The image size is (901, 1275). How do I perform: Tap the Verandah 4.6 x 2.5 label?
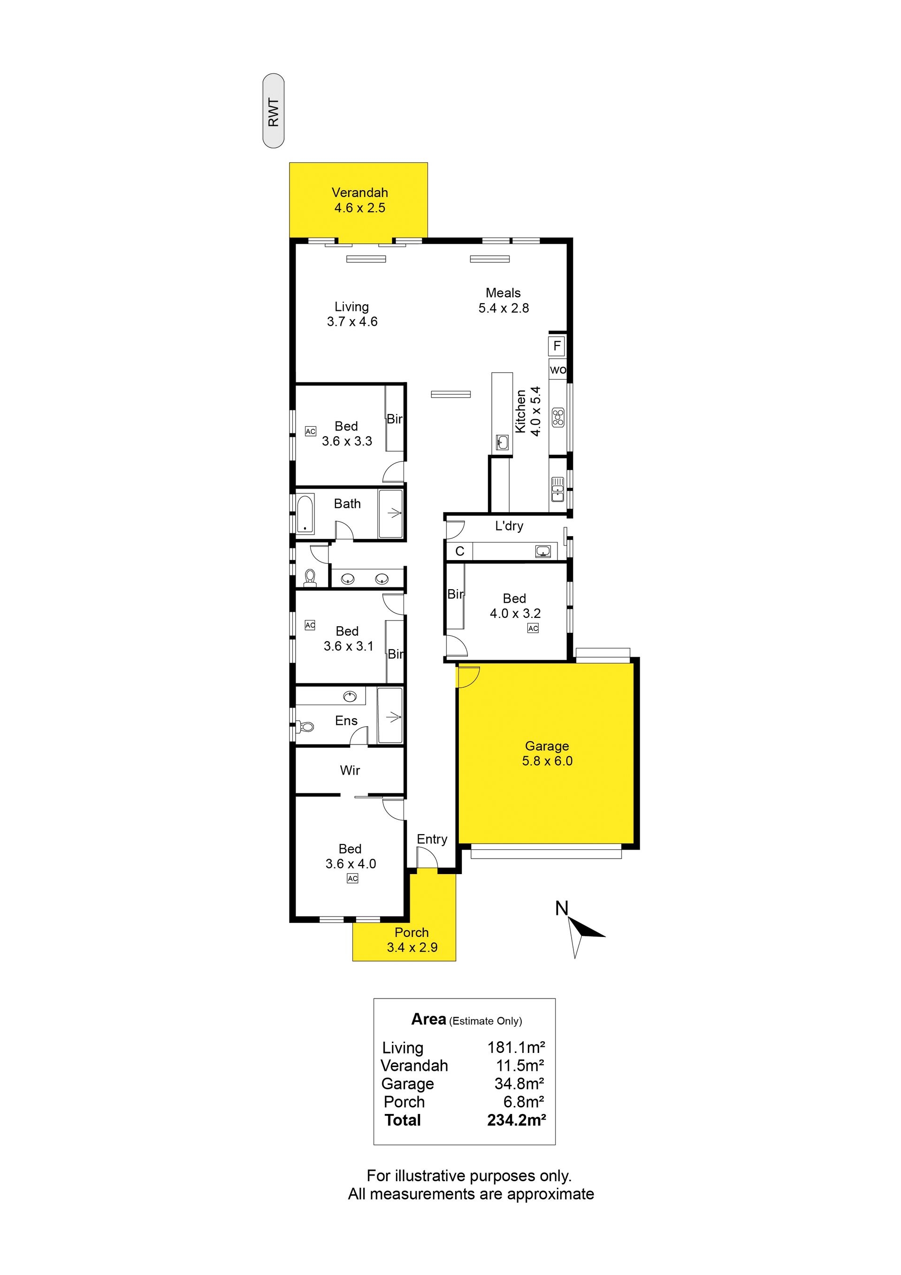360,200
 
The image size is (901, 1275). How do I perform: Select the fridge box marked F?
557,346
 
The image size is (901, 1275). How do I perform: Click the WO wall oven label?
558,370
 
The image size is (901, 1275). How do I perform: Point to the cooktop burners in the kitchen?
558,417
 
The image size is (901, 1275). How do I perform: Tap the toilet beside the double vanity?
310,577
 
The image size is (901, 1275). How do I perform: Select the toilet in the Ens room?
305,726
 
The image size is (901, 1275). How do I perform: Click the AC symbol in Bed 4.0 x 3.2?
533,628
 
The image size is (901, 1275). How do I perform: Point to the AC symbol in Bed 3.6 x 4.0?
352,878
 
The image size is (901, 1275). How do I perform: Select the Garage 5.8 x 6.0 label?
547,753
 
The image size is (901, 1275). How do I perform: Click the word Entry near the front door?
432,839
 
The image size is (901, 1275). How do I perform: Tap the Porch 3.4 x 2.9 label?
412,940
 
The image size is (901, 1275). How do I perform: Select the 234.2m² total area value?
516,1120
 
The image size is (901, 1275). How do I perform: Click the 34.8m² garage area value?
519,1083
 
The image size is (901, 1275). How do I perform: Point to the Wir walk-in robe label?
350,770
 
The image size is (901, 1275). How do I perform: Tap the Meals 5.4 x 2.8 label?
504,300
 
